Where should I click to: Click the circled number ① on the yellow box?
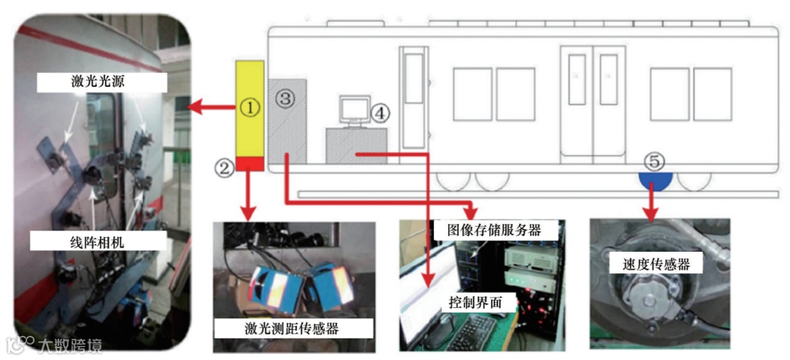point(249,108)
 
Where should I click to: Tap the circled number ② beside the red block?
point(224,168)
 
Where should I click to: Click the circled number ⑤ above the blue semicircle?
point(654,160)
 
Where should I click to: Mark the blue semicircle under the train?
point(655,179)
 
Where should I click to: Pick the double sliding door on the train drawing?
point(593,102)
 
